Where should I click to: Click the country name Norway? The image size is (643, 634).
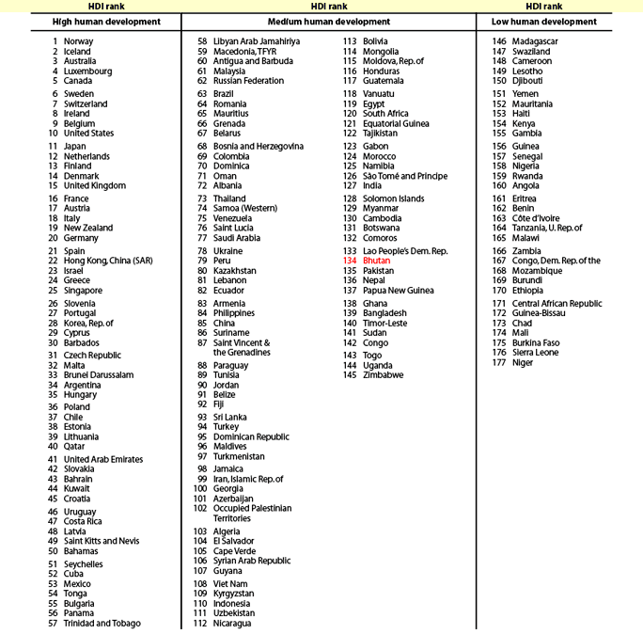(78, 41)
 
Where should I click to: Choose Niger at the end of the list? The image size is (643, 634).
(524, 363)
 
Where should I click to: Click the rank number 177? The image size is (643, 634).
(499, 363)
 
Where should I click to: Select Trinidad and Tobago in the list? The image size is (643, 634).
(102, 623)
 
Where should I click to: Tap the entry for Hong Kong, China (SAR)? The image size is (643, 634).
(111, 261)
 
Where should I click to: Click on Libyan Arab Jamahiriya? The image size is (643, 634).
(257, 41)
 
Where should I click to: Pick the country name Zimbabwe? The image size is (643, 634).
(383, 375)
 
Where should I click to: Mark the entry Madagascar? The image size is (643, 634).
(535, 41)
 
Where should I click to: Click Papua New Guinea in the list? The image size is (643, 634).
(399, 290)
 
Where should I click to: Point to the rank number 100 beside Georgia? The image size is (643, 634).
(199, 489)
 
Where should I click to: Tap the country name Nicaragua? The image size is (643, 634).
(232, 623)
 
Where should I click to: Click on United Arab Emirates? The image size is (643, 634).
(103, 460)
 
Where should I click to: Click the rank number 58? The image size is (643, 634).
(202, 41)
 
